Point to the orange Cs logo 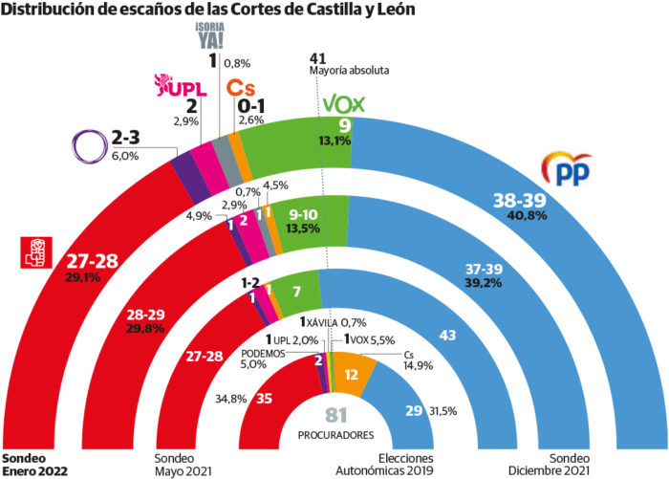[239, 87]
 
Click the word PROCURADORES [334, 435]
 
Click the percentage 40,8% [521, 216]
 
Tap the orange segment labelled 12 [352, 376]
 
